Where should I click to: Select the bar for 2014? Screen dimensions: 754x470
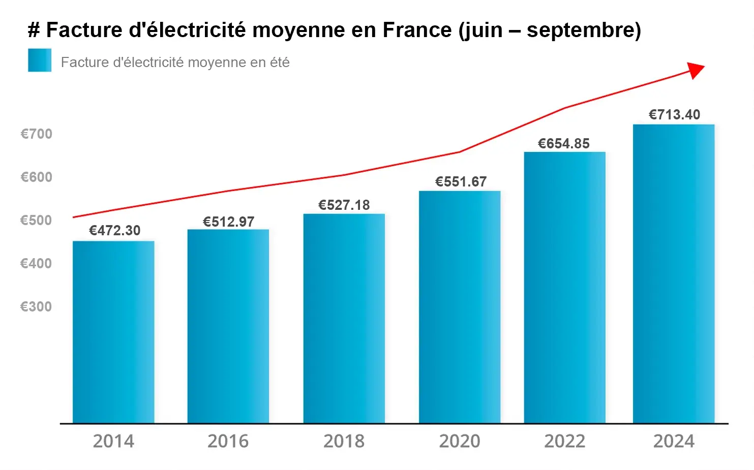tap(113, 332)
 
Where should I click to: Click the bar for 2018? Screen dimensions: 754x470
tap(344, 318)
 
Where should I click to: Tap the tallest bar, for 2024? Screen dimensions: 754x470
tap(674, 274)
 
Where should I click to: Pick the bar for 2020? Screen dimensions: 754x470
tap(460, 307)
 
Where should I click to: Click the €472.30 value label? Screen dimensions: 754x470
tap(114, 231)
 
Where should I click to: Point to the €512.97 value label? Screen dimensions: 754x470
tap(229, 222)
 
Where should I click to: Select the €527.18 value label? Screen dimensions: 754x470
tap(344, 205)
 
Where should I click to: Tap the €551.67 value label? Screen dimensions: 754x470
tap(461, 182)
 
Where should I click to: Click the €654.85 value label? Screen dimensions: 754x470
tap(564, 144)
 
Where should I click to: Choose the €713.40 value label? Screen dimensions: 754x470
tap(675, 115)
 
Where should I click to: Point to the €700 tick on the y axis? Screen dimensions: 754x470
tap(37, 134)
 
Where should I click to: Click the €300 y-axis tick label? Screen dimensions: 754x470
tap(36, 306)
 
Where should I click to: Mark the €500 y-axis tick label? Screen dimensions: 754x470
tap(36, 221)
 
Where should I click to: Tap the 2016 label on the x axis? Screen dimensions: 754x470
tap(228, 441)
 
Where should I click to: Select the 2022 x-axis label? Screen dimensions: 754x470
tap(565, 441)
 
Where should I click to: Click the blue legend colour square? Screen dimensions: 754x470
tap(40, 60)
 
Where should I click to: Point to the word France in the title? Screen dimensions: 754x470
tap(417, 29)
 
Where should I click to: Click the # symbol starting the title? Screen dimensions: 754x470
tap(34, 29)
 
